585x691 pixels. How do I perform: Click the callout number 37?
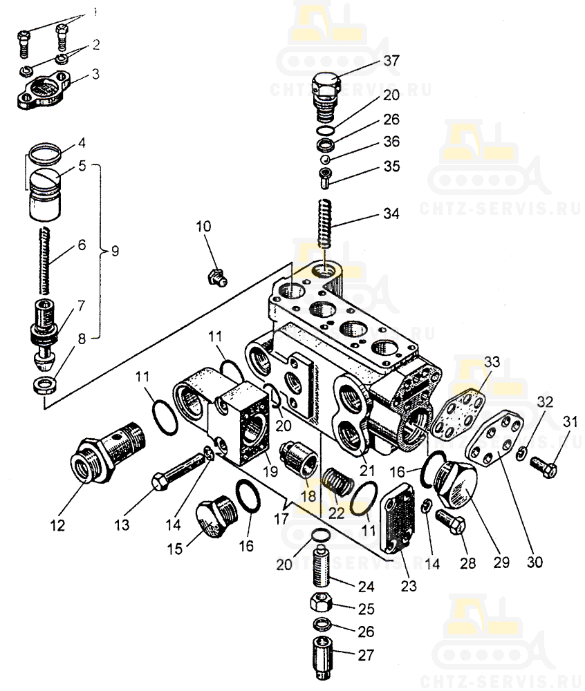(x=392, y=61)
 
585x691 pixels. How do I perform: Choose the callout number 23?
(x=408, y=586)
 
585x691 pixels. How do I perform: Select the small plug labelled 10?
(x=216, y=278)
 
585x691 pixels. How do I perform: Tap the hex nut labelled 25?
(x=322, y=604)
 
